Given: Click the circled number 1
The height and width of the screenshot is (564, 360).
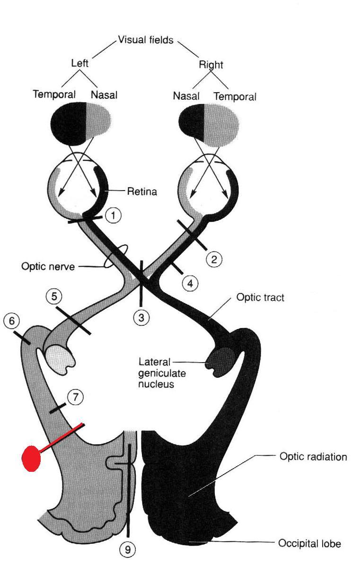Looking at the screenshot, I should pyautogui.click(x=113, y=216).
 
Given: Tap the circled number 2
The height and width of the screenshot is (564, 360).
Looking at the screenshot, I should pyautogui.click(x=214, y=259).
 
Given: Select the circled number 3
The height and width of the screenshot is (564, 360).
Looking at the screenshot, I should pyautogui.click(x=141, y=318).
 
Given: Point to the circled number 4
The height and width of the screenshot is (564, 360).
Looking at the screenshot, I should pyautogui.click(x=190, y=283).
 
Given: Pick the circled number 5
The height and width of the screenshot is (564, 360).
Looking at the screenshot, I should pyautogui.click(x=54, y=296).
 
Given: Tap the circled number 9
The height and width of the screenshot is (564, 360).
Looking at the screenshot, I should pyautogui.click(x=128, y=549).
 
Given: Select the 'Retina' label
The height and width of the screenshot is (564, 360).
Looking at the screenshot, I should pyautogui.click(x=142, y=192).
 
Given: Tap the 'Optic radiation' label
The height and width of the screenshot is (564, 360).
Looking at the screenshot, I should pyautogui.click(x=313, y=457).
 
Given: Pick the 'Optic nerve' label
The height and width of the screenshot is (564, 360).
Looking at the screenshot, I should pyautogui.click(x=48, y=266).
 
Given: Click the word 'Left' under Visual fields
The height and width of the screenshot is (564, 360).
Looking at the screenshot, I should pyautogui.click(x=79, y=62).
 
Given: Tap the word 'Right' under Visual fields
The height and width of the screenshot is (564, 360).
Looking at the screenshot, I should pyautogui.click(x=211, y=64).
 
